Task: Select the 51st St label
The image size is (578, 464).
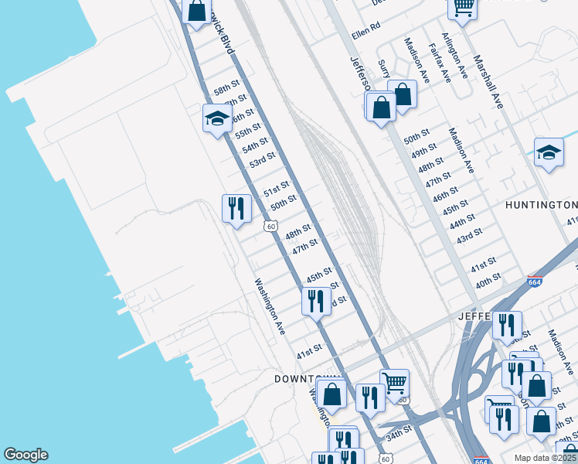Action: [x=276, y=189]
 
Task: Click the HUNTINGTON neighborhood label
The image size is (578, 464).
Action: [x=541, y=205]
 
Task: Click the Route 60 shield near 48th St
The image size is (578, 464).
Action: [x=270, y=225]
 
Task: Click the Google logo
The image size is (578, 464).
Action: [x=25, y=455]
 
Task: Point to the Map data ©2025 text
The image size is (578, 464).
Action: [x=546, y=458]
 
